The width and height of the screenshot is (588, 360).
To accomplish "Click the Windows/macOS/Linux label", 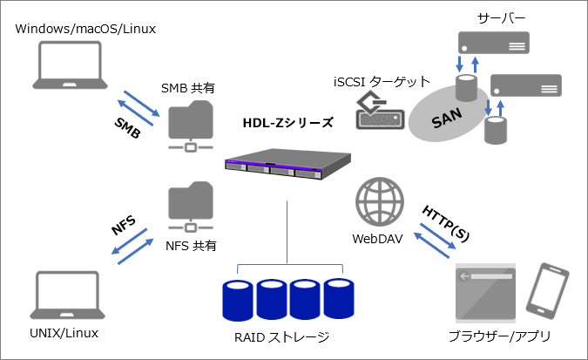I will point(85,30).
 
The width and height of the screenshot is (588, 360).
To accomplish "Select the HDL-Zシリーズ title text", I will point(287,122).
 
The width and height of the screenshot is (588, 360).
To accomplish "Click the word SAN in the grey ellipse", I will point(446,118).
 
